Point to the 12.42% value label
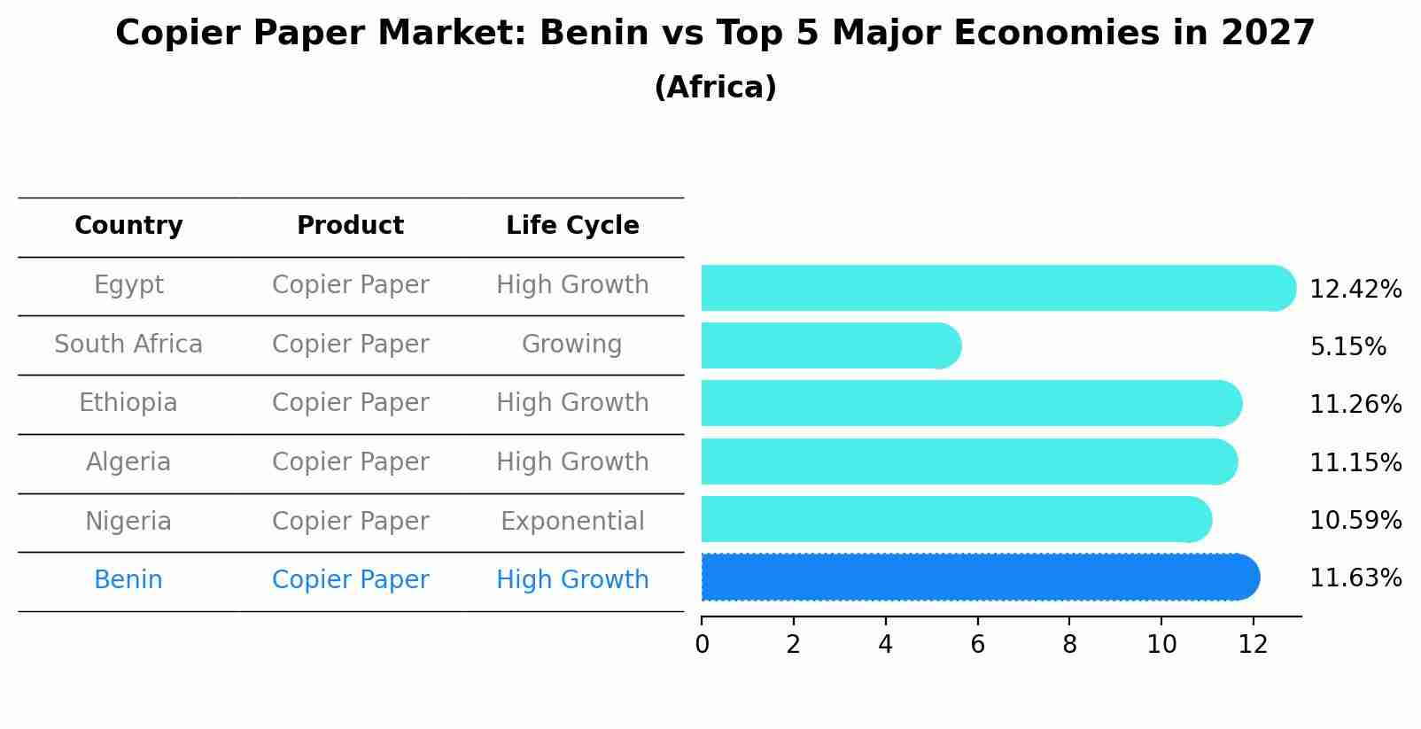[1355, 290]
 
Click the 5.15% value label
[1347, 347]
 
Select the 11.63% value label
[1355, 578]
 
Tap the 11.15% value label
[1355, 463]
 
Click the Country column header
[128, 226]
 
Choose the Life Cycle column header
[572, 226]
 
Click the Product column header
[350, 226]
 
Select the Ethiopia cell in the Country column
[128, 403]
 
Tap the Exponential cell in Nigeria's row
[572, 522]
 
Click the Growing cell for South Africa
[572, 345]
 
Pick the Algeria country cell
[128, 462]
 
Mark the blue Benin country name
[128, 580]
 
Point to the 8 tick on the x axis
[1069, 645]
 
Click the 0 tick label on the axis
[702, 645]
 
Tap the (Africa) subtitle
[715, 88]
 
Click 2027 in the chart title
[1267, 34]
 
